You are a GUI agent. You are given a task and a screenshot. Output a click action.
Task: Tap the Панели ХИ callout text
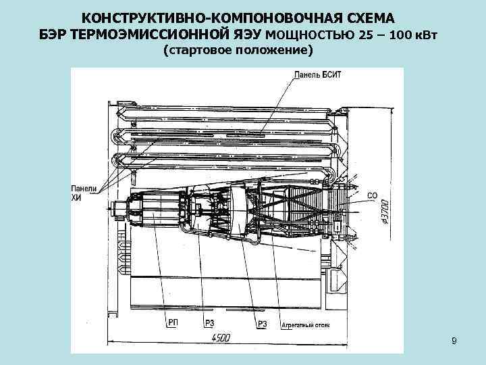(x=84, y=193)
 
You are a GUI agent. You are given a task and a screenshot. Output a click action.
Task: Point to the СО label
(x=372, y=196)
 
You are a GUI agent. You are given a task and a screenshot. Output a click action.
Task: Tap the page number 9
(x=454, y=341)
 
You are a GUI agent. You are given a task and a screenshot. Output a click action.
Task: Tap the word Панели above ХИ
(x=84, y=188)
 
